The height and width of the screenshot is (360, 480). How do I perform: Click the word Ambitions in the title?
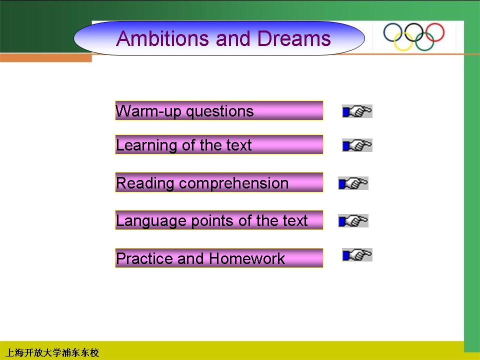point(163,38)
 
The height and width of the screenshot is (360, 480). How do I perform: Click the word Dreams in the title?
point(294,38)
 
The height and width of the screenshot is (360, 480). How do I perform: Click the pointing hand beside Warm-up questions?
point(357,111)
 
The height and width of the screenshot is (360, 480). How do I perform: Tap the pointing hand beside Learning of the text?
point(357,145)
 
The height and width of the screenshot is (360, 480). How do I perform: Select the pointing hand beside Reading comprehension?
point(353,183)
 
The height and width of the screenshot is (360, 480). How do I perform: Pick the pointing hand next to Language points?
point(353,220)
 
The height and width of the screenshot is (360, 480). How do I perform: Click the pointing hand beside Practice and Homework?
point(357,254)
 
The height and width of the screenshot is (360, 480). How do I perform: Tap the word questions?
point(220,111)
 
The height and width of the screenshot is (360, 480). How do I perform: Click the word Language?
point(151,221)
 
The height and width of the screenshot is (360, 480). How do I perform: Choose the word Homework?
point(247,258)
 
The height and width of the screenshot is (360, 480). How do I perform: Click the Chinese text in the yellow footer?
point(52,352)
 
